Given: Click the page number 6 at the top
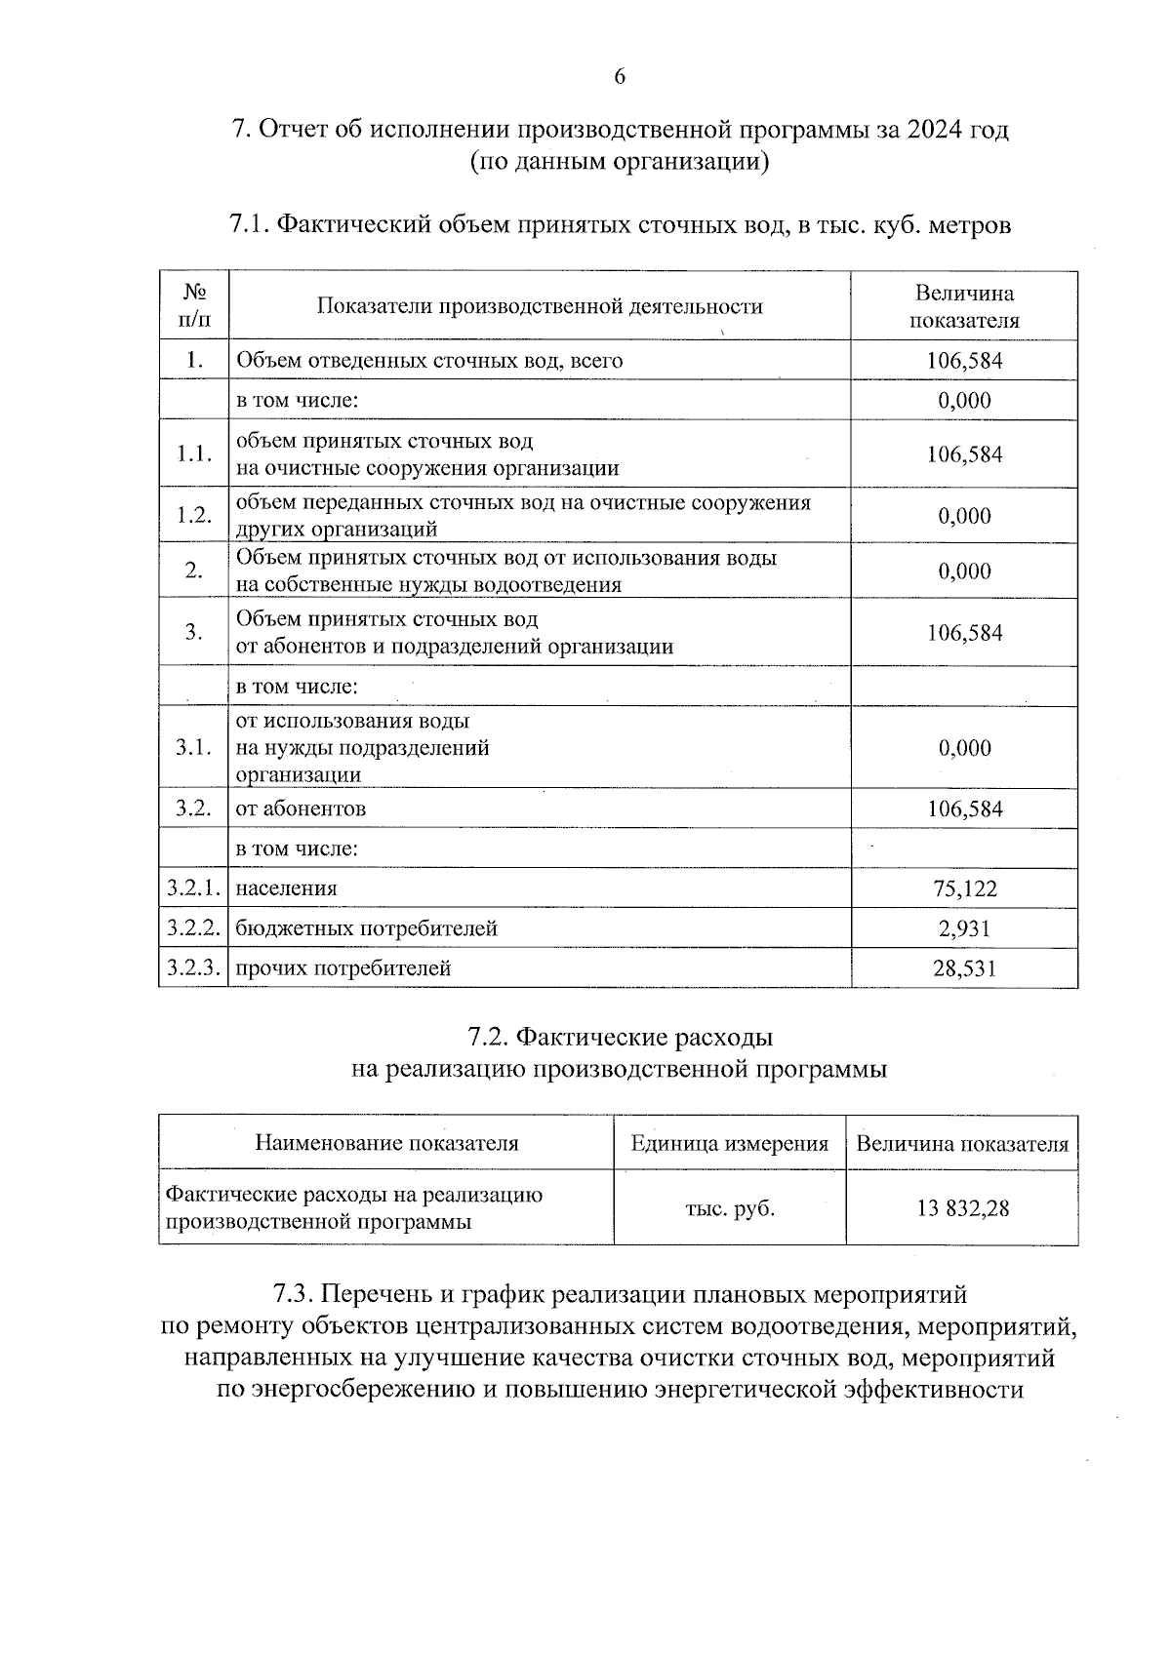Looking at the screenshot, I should (620, 78).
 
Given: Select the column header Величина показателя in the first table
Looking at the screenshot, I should (963, 306).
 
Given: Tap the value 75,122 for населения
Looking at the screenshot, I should (964, 888).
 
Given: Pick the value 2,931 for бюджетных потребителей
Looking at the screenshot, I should (964, 928).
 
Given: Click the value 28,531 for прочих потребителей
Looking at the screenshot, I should (964, 968).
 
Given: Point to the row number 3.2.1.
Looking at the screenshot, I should (193, 888).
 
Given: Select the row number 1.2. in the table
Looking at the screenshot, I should (193, 515).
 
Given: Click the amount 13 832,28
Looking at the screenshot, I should (962, 1208).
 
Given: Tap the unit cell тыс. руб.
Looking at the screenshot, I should (730, 1208).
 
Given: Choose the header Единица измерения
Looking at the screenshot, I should (730, 1144).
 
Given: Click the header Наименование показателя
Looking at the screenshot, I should (386, 1144).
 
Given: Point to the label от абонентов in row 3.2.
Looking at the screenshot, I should (301, 808).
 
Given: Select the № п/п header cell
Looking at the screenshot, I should (193, 306).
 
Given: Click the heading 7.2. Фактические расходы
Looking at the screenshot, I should (620, 1036).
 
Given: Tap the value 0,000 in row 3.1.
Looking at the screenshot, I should (964, 748).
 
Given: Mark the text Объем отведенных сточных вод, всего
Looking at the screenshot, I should (429, 361).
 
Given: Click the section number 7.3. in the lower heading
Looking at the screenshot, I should (292, 1295).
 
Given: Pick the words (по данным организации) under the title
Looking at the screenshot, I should (620, 162).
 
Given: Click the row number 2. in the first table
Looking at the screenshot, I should (193, 571).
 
